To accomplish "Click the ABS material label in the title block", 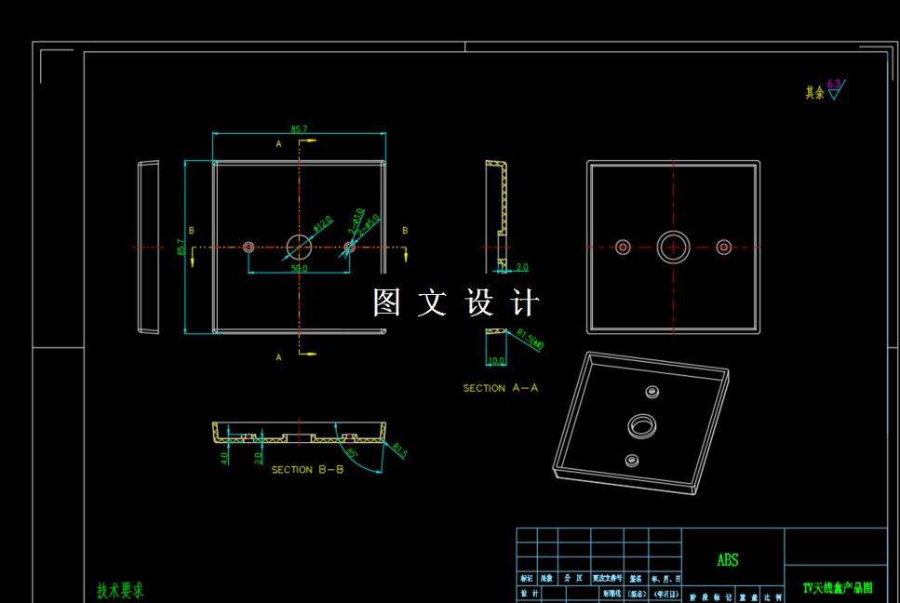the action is (x=728, y=560).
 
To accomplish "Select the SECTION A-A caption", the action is (x=501, y=388).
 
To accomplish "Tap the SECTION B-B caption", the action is (x=307, y=470).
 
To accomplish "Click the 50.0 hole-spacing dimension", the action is (x=299, y=268).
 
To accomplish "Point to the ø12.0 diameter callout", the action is (x=322, y=223).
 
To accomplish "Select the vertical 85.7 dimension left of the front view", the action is (x=181, y=248).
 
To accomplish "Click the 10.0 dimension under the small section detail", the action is (x=495, y=361).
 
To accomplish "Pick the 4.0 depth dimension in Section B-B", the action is (x=224, y=458).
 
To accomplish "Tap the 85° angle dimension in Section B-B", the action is (x=353, y=453).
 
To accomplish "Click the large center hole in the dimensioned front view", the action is (x=300, y=248).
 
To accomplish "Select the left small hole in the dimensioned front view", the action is (x=249, y=248).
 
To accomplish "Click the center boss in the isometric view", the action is (x=641, y=426).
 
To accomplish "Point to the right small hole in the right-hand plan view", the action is (x=724, y=247).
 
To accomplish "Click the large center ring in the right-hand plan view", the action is (x=673, y=247).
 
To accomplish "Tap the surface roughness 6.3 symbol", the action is (x=834, y=89).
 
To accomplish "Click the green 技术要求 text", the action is (x=120, y=590).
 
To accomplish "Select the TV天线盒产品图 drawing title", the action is (x=837, y=588).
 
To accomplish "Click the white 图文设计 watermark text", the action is (x=456, y=302).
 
